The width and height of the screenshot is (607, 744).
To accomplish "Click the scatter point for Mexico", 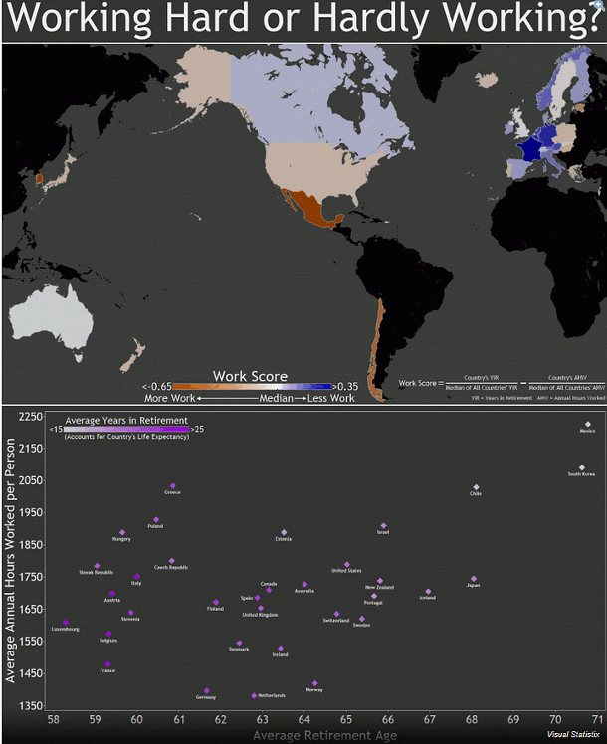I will coord(588,424).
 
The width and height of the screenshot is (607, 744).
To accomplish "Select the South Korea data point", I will coord(581,467).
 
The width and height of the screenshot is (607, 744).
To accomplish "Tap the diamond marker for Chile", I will coord(476,486).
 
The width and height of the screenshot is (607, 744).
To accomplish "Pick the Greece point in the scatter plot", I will coord(172,485).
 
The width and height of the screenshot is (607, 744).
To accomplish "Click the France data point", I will coord(107,664).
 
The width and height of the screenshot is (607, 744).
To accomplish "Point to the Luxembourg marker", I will coord(66,623).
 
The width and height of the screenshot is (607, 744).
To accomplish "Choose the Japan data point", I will coord(474,578).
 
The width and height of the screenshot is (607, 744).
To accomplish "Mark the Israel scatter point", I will coord(383,525).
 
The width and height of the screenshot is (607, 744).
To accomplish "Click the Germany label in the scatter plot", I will coord(206,697).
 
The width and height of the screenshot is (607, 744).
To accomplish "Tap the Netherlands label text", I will coord(271,695).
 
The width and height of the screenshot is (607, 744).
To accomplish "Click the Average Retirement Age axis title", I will coord(324,736).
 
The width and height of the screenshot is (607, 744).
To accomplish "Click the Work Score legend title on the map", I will coord(251,377).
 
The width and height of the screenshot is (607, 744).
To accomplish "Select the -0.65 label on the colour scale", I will coord(158,387).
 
